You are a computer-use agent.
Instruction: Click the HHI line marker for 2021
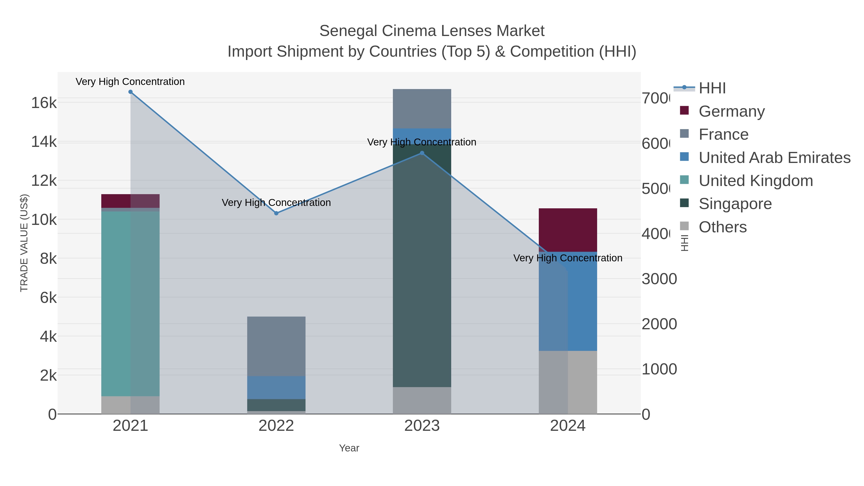131,92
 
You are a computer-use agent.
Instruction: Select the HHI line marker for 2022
276,213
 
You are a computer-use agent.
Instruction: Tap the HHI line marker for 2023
422,153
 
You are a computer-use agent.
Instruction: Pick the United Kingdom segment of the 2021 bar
131,304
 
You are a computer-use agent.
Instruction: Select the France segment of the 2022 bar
276,346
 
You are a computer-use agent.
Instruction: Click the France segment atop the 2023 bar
422,109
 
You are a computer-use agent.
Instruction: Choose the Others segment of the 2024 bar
568,382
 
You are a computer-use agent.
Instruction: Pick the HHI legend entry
712,88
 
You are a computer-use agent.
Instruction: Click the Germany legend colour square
684,111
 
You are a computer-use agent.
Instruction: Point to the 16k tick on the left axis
44,103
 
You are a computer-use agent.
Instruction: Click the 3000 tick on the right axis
659,279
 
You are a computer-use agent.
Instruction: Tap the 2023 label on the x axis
422,426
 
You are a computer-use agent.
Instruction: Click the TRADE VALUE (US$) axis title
24,243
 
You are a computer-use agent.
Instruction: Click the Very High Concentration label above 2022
276,203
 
